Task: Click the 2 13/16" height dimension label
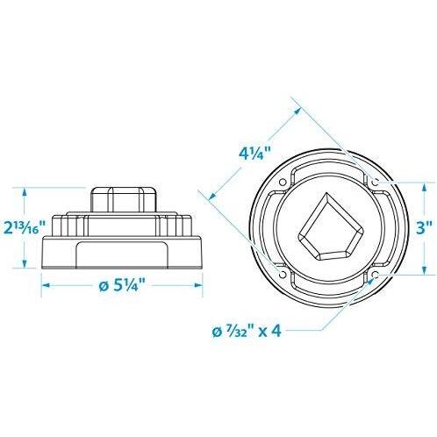pos(20,229)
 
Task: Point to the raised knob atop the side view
pos(123,197)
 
